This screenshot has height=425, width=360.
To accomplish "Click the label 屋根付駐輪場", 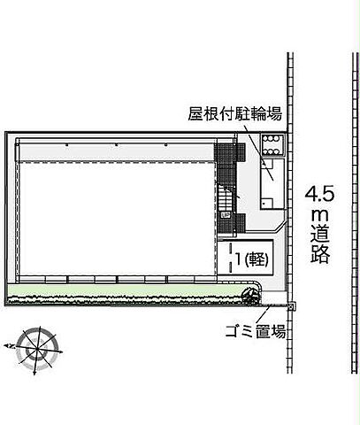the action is [x=235, y=114].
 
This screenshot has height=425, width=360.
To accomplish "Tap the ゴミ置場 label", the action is [x=256, y=331].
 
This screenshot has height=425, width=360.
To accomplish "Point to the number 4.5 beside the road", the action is [x=319, y=194].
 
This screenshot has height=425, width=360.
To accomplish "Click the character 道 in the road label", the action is [x=320, y=234].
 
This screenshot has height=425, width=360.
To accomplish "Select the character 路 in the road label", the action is [x=320, y=254].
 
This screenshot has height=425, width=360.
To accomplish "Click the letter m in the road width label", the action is [x=320, y=215].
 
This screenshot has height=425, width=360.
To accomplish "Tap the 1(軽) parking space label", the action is [x=252, y=259].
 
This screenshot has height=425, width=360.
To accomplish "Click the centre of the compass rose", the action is [x=37, y=350].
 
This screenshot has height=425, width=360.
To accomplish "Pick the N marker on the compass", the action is [x=11, y=346].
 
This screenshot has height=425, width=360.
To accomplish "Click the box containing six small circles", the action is [x=272, y=145].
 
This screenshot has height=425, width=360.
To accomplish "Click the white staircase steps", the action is [x=226, y=197].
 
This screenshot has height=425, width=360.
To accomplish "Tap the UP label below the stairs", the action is [x=226, y=215].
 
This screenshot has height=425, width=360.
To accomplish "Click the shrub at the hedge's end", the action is [x=251, y=295].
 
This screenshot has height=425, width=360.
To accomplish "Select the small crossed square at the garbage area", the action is [x=291, y=306].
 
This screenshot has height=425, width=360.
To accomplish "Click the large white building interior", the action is [x=117, y=219].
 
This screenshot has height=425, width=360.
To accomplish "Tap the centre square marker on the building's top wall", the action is [x=117, y=145].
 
